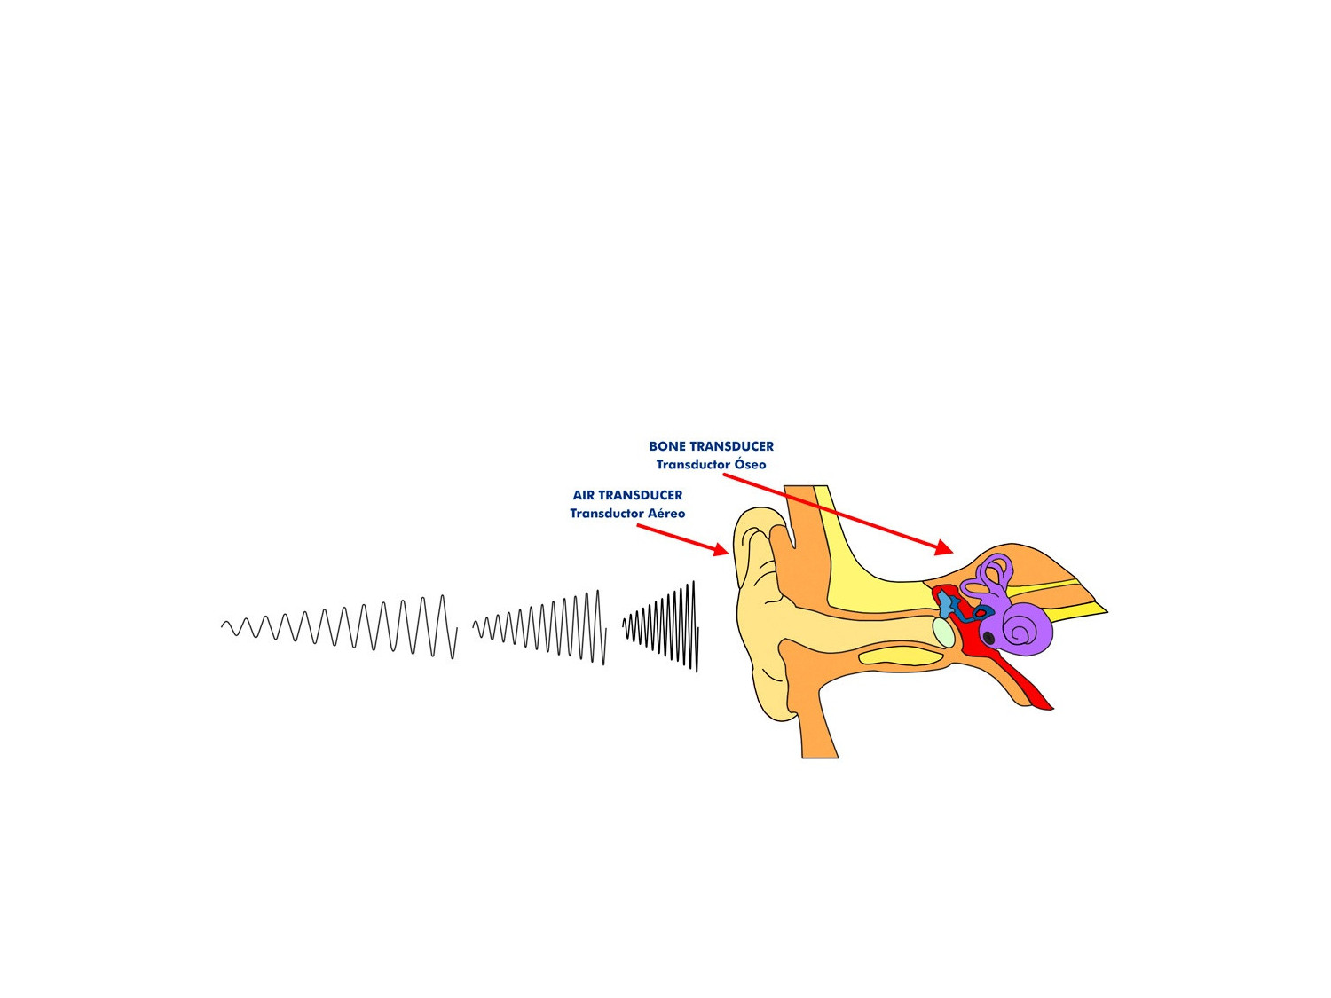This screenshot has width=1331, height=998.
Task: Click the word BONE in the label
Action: click(x=667, y=446)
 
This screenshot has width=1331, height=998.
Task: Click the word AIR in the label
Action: click(x=583, y=495)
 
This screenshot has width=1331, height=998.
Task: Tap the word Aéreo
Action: click(x=665, y=514)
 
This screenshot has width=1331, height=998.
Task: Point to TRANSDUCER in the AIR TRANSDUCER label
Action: click(x=641, y=495)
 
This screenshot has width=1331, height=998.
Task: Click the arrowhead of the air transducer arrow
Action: click(x=721, y=550)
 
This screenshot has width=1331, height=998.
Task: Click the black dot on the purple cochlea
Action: click(x=988, y=638)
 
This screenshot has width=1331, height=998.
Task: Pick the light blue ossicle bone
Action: click(x=947, y=603)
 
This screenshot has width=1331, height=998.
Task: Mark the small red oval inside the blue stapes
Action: click(x=980, y=613)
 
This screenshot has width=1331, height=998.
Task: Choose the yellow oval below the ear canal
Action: click(x=902, y=656)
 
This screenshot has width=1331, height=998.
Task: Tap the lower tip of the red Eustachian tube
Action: click(x=1051, y=708)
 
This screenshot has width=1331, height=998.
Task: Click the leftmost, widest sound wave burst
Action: click(x=340, y=627)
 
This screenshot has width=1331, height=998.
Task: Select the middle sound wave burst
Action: click(x=539, y=628)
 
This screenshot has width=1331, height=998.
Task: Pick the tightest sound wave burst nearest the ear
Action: click(x=661, y=626)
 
